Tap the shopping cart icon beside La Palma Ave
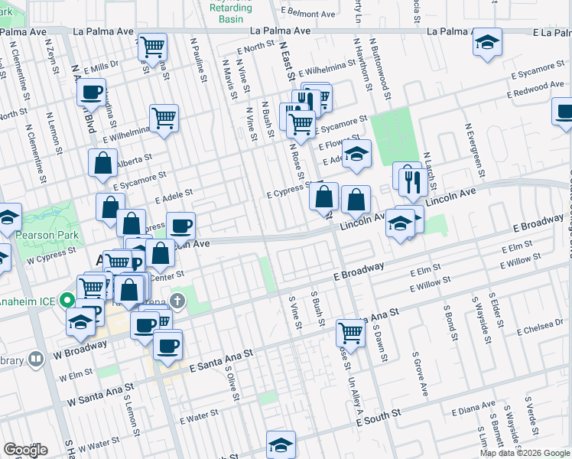coord(154,46)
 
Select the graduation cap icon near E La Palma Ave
coord(486,43)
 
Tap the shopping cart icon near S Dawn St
coord(350,332)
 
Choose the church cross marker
coord(177,301)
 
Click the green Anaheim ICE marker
coord(68,301)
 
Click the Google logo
coord(25,450)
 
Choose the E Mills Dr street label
coord(100,67)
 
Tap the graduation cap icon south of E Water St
coord(281,444)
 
